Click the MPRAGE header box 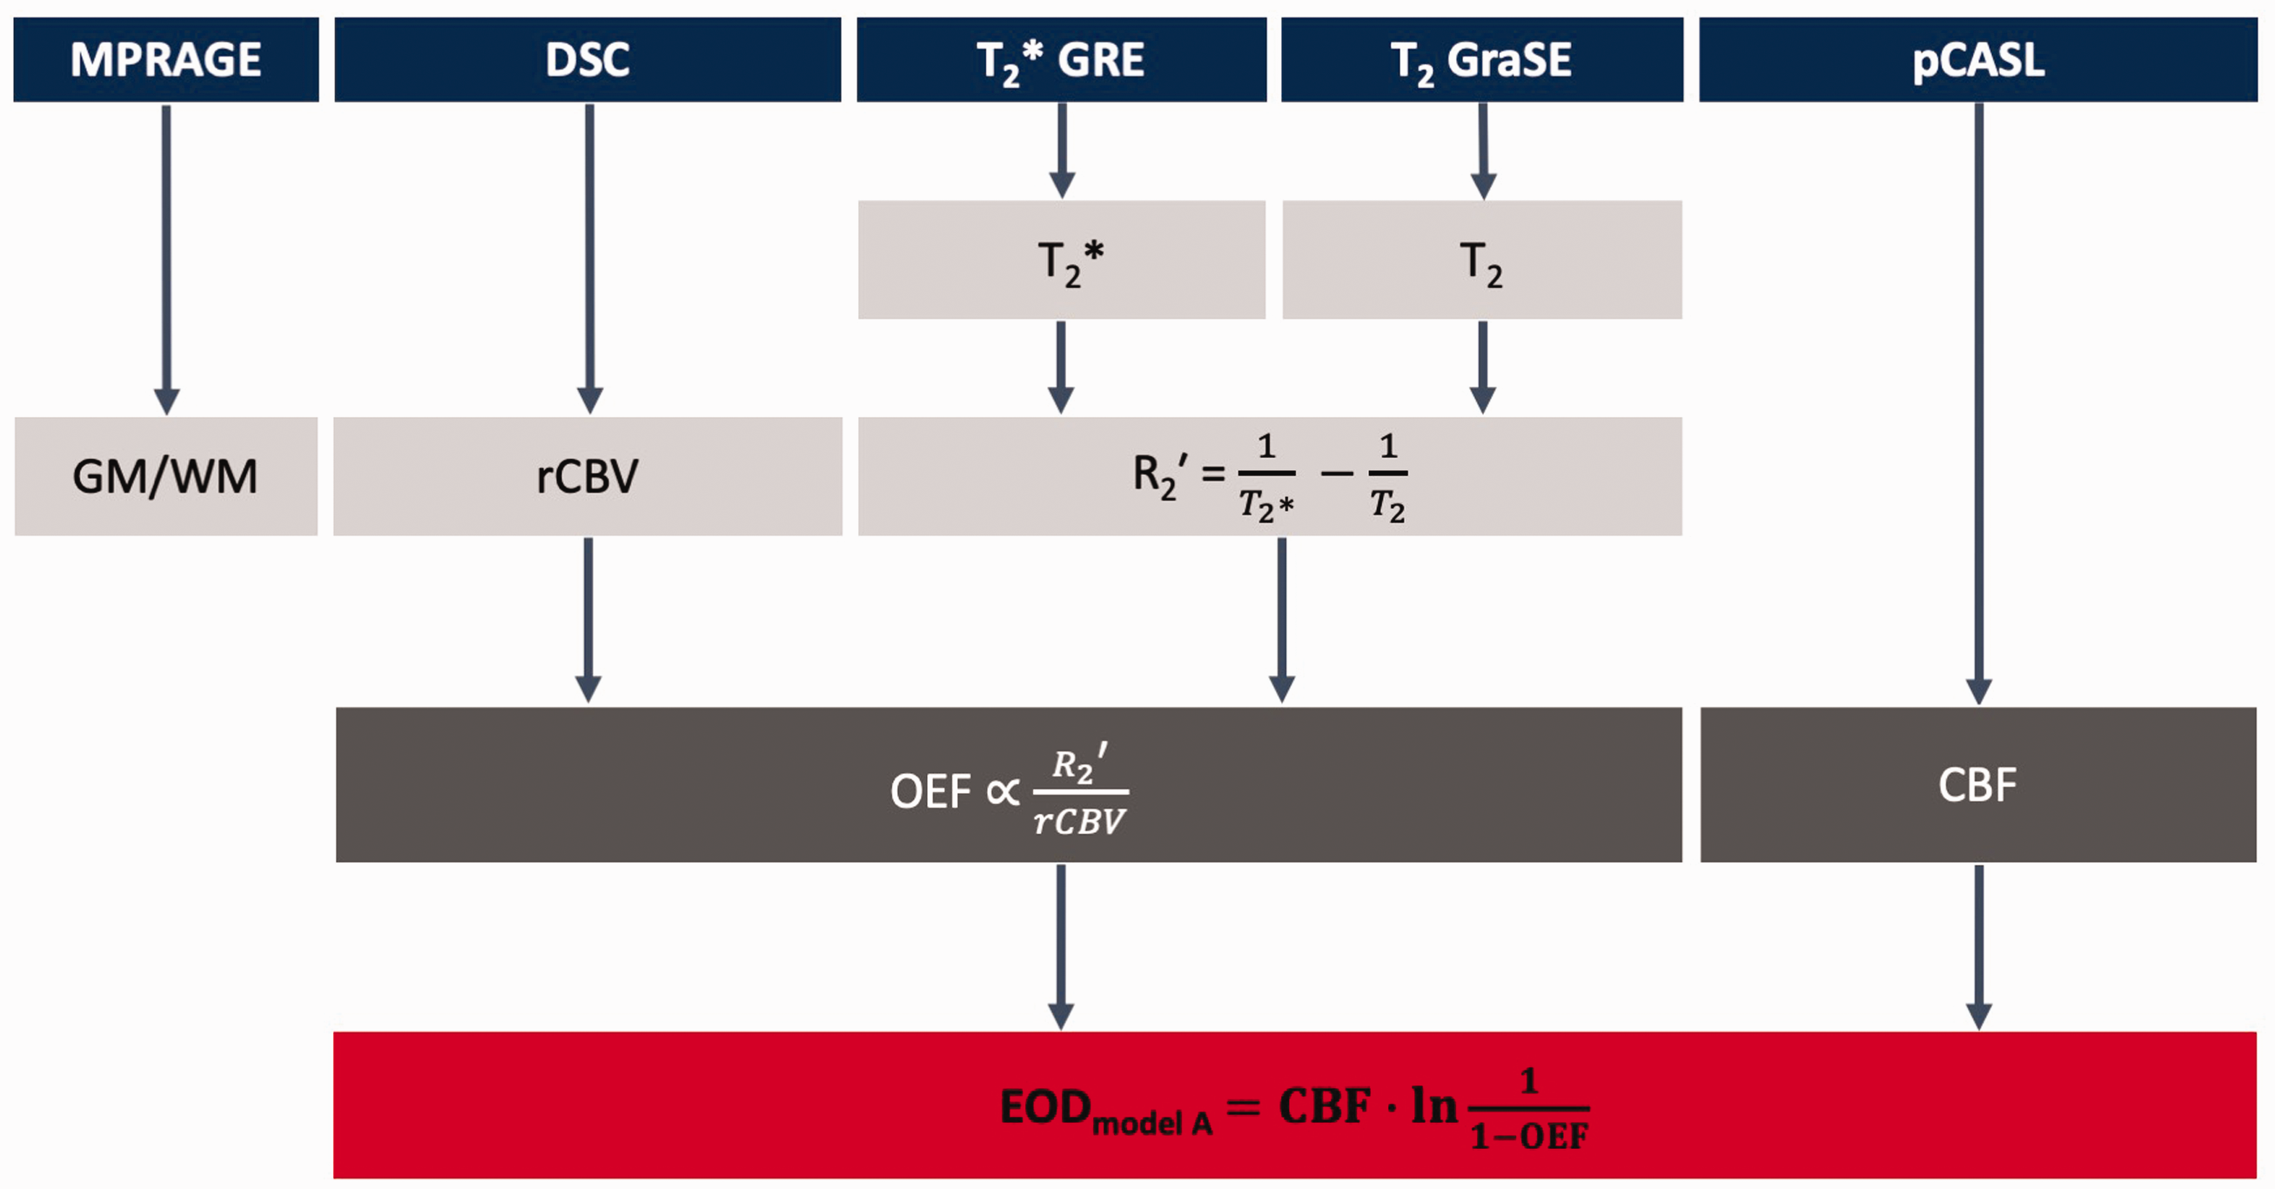tap(166, 59)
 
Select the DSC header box tap(587, 59)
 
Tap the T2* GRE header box tap(1062, 59)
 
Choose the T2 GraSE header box tap(1482, 59)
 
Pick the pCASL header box tap(1978, 59)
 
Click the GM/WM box tap(166, 476)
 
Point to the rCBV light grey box tap(587, 476)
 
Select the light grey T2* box tap(1062, 259)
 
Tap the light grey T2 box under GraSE tap(1482, 259)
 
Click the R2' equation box tap(1270, 476)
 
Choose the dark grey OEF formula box tap(1009, 784)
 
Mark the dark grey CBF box tap(1978, 784)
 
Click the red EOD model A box tap(1295, 1105)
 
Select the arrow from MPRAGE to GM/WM tap(166, 259)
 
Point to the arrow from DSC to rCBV tap(589, 259)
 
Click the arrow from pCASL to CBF tap(1979, 405)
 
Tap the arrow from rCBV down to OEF tap(588, 621)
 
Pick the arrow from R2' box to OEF tap(1281, 621)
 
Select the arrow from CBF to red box tap(1979, 948)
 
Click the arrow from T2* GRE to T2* tap(1062, 151)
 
